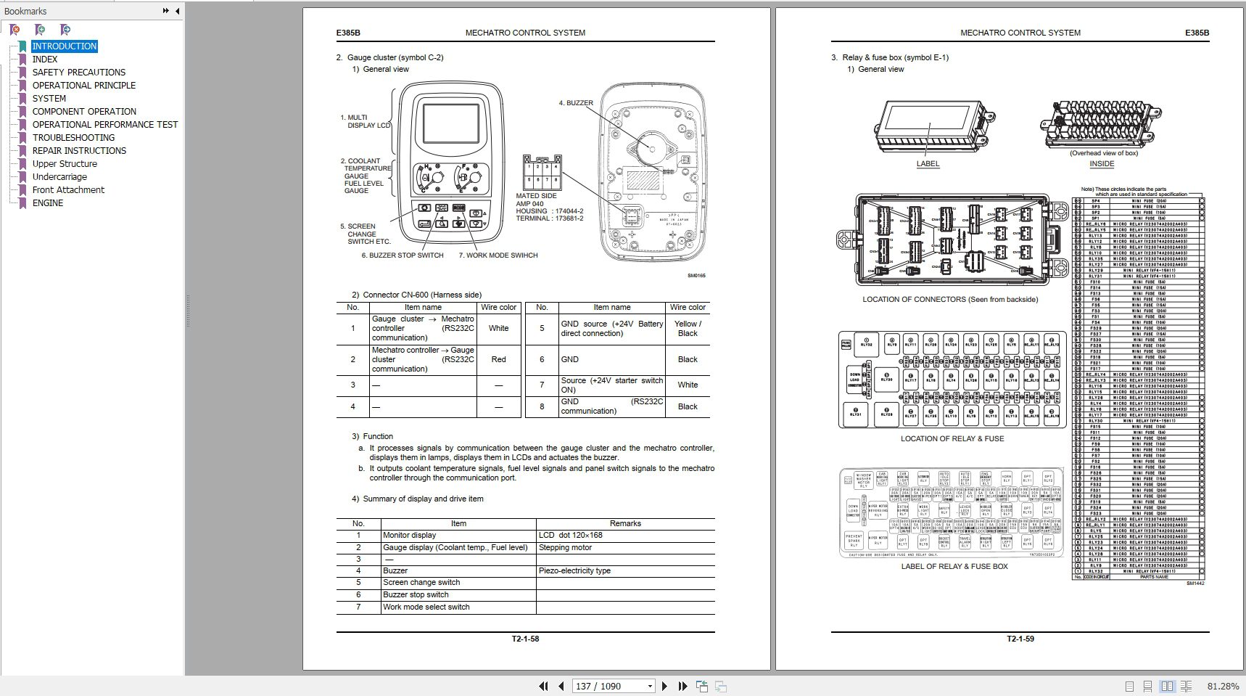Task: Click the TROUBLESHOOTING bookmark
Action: [x=73, y=137]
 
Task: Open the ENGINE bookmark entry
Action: [x=47, y=202]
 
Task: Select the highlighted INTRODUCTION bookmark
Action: [x=64, y=46]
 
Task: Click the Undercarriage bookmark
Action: [x=59, y=176]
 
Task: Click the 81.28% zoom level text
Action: [x=1223, y=686]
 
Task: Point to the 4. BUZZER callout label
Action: [x=576, y=103]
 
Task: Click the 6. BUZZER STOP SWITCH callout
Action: [x=403, y=255]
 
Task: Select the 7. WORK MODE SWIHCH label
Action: [x=498, y=255]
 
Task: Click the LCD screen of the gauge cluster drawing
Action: [x=451, y=123]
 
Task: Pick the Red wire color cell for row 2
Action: [x=498, y=359]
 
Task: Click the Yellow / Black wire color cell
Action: [x=688, y=329]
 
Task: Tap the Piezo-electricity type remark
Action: [x=574, y=570]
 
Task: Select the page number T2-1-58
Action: [x=525, y=639]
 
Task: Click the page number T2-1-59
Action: [x=1020, y=639]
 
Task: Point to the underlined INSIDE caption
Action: [x=1102, y=164]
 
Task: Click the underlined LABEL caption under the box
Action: [x=928, y=164]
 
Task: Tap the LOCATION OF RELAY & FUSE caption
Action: [x=952, y=438]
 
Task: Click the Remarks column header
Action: [x=625, y=523]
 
